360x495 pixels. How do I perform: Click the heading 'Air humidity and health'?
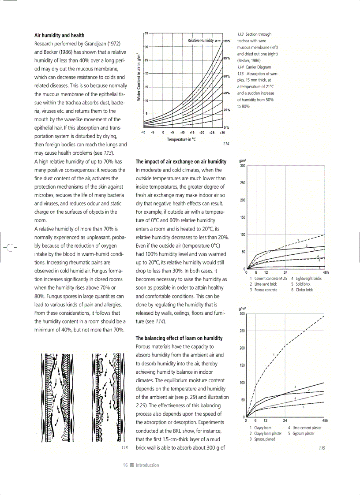(59, 35)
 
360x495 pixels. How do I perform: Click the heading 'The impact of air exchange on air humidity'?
(181, 162)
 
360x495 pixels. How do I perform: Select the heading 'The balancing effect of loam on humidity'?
(179, 338)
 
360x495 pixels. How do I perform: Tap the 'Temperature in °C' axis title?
(181, 139)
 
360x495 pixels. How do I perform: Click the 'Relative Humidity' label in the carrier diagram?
(201, 41)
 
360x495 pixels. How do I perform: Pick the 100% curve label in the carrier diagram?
(226, 41)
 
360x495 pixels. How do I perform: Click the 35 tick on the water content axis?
(146, 33)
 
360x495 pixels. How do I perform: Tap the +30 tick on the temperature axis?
(222, 132)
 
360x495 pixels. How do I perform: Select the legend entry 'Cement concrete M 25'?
(268, 279)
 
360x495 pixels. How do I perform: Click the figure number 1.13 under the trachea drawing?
(124, 448)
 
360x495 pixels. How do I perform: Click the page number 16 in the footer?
(125, 465)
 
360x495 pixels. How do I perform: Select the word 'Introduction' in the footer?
(147, 465)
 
